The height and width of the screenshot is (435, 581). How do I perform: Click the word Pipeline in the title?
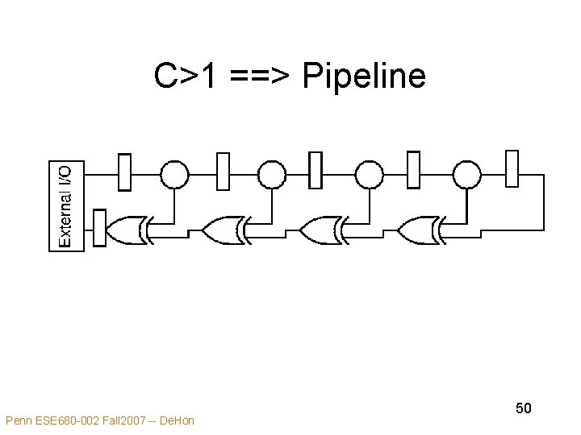(363, 77)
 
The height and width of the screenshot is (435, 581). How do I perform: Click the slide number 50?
(524, 408)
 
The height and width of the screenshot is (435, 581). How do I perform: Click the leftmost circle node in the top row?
(174, 173)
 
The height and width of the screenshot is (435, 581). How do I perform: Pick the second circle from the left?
(271, 173)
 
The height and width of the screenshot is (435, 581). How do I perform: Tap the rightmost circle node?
(466, 173)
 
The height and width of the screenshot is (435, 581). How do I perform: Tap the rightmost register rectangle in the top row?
(512, 169)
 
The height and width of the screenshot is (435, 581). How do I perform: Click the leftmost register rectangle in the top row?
(124, 172)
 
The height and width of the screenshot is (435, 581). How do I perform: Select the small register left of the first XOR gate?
(100, 227)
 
